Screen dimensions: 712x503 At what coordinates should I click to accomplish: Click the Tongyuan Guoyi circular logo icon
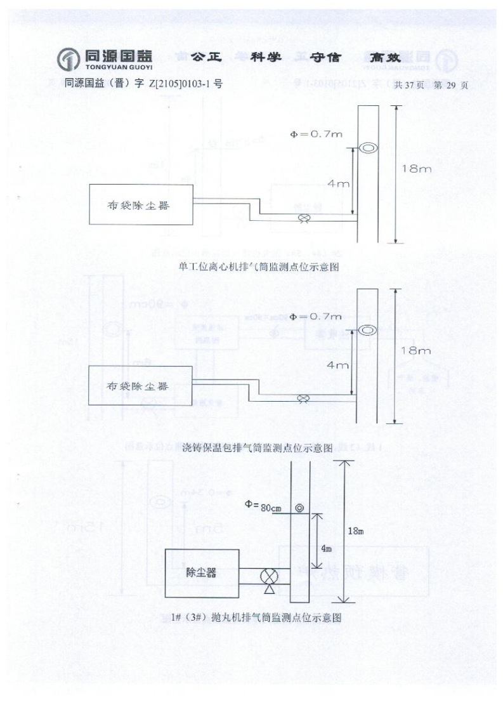[x=69, y=60]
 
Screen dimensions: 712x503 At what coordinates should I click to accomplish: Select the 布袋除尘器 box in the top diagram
[x=141, y=204]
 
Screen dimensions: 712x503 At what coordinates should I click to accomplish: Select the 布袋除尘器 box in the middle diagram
[x=140, y=386]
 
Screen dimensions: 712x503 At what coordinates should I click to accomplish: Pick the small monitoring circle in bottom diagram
[x=299, y=508]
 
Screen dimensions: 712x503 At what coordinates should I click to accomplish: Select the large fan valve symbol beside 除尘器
[x=269, y=577]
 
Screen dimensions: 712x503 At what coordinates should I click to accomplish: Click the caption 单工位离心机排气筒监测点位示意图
[x=259, y=267]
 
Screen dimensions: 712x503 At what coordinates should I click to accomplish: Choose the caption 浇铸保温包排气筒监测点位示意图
[x=257, y=448]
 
